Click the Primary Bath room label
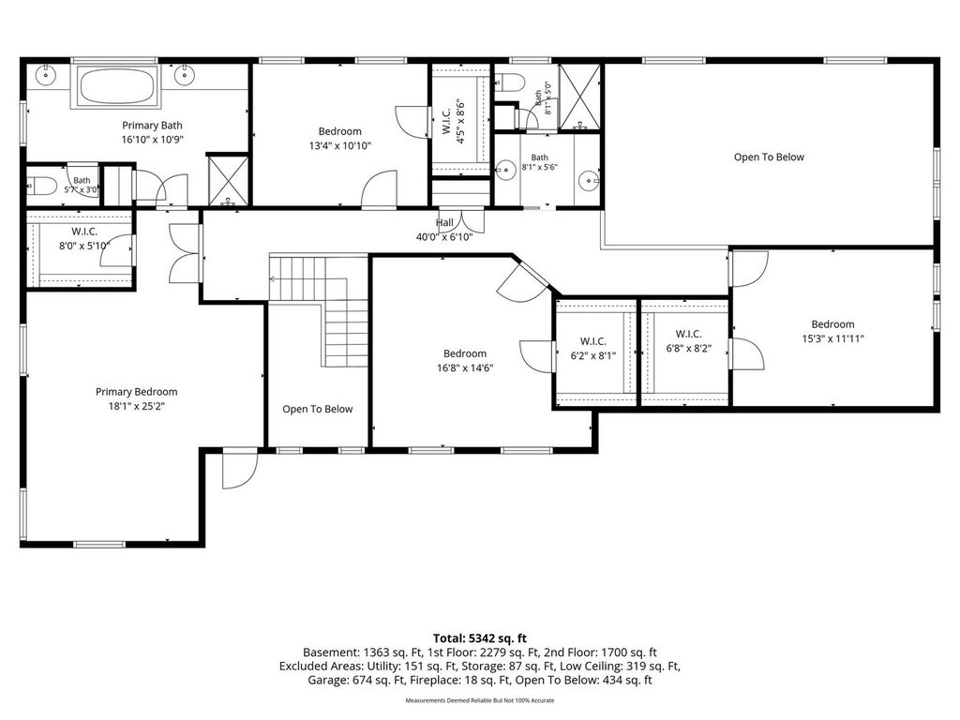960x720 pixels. pyautogui.click(x=153, y=126)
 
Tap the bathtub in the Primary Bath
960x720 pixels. pyautogui.click(x=118, y=86)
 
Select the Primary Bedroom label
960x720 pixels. pyautogui.click(x=137, y=392)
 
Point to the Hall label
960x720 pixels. pyautogui.click(x=444, y=223)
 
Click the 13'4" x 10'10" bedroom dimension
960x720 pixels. pyautogui.click(x=339, y=145)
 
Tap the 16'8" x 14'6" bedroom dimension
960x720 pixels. pyautogui.click(x=465, y=367)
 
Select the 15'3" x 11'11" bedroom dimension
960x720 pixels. pyautogui.click(x=832, y=338)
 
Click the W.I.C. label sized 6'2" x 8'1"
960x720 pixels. pyautogui.click(x=593, y=341)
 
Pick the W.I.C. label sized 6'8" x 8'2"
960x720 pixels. pyautogui.click(x=689, y=334)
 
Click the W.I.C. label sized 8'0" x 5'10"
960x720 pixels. pyautogui.click(x=84, y=232)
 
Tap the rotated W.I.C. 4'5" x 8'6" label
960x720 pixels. pyautogui.click(x=453, y=122)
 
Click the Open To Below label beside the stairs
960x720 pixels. pyautogui.click(x=318, y=409)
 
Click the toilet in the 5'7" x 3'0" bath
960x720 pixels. pyautogui.click(x=41, y=185)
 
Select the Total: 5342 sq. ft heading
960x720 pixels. pyautogui.click(x=480, y=638)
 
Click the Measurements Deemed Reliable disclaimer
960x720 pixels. pyautogui.click(x=480, y=700)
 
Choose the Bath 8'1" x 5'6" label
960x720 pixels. pyautogui.click(x=539, y=162)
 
